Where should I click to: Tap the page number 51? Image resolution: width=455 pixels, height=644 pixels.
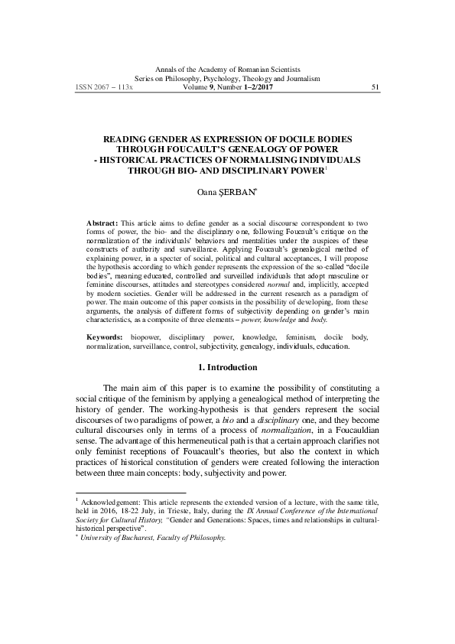(x=374, y=88)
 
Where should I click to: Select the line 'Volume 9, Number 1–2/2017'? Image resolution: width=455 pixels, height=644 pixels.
(x=226, y=88)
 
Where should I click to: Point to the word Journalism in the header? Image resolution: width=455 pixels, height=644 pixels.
(x=304, y=79)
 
